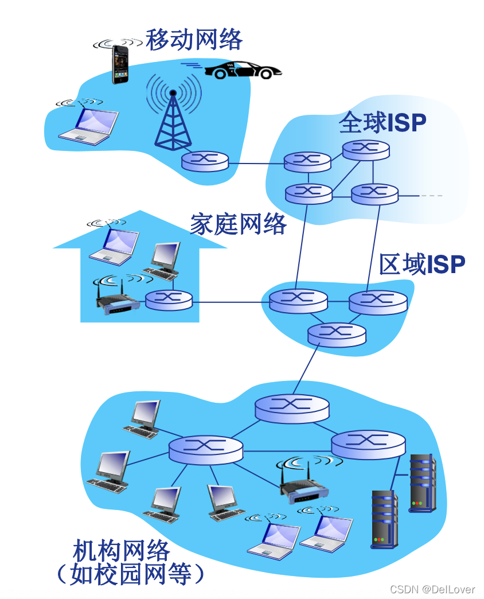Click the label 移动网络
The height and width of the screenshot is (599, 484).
click(x=194, y=40)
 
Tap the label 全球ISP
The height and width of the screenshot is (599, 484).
click(x=382, y=122)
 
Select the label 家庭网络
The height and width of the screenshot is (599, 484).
click(x=238, y=224)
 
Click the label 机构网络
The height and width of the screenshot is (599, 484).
click(x=122, y=551)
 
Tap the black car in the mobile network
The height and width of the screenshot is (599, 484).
click(x=243, y=70)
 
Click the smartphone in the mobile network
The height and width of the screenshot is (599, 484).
click(x=120, y=64)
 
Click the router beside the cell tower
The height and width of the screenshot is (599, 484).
click(x=205, y=160)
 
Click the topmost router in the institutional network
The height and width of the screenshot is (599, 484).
click(x=292, y=408)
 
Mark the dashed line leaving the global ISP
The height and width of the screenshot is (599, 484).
click(x=431, y=196)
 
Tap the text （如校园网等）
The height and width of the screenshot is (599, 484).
click(x=130, y=574)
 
